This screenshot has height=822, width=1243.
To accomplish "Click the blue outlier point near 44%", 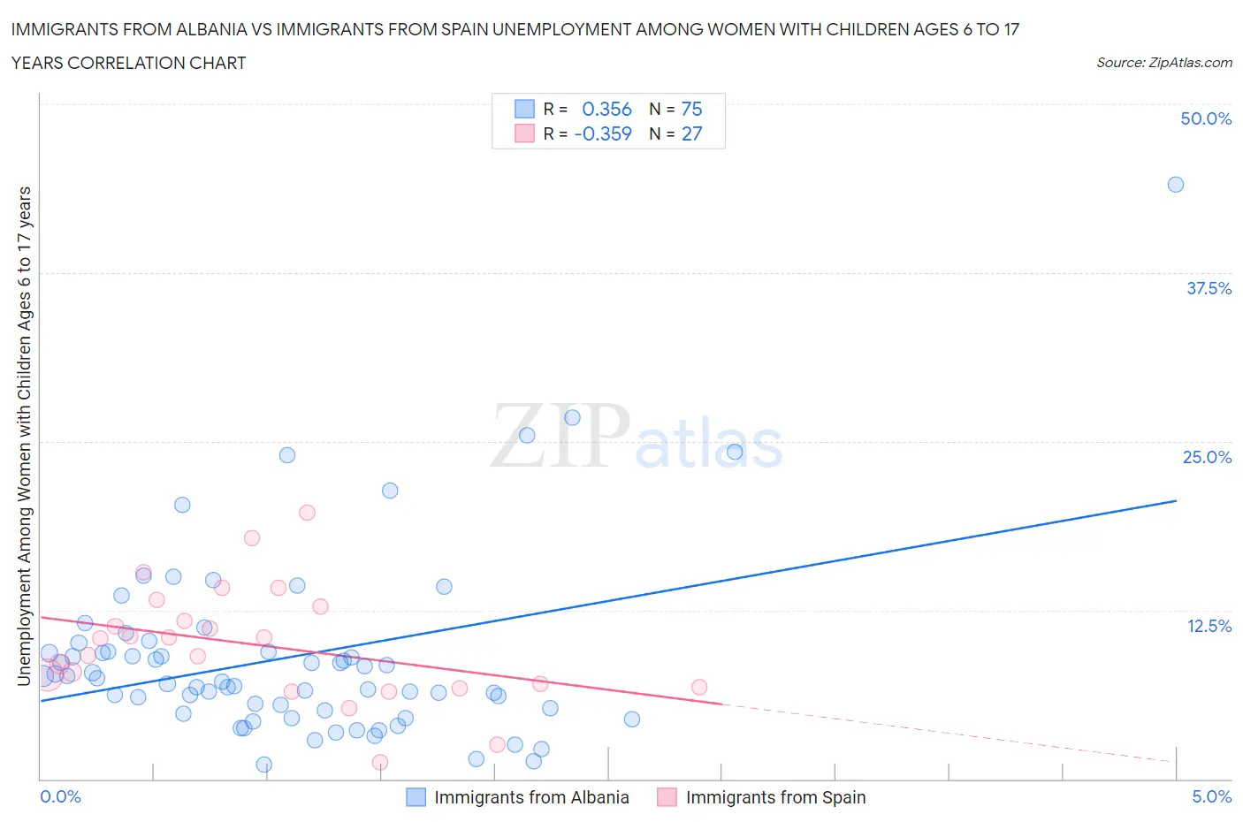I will (1175, 185).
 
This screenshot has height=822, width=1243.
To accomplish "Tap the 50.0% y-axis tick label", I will (1206, 118).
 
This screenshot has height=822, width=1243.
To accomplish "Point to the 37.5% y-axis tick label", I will (1209, 288).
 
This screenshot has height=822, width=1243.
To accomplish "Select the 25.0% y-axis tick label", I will (1207, 457).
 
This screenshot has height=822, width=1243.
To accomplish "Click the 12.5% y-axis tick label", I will (1209, 626).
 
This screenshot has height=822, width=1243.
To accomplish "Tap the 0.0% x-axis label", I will (60, 796).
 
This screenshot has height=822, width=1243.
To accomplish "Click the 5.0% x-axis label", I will (1211, 796).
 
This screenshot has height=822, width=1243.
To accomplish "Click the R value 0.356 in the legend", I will (606, 109).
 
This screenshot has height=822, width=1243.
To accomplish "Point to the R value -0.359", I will (603, 133).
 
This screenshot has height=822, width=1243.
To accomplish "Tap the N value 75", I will (691, 109).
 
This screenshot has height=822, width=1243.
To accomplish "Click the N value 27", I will (691, 133).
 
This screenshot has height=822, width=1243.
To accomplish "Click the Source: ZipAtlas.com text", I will (1163, 62).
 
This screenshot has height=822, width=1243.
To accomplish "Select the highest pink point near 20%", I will (307, 513).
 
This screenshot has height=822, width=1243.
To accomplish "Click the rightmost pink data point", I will (699, 687).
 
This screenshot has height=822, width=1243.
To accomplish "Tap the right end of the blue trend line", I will (1176, 501).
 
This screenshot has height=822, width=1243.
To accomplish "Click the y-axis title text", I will (25, 436).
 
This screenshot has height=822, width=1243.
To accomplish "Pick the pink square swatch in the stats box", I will (524, 133).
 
